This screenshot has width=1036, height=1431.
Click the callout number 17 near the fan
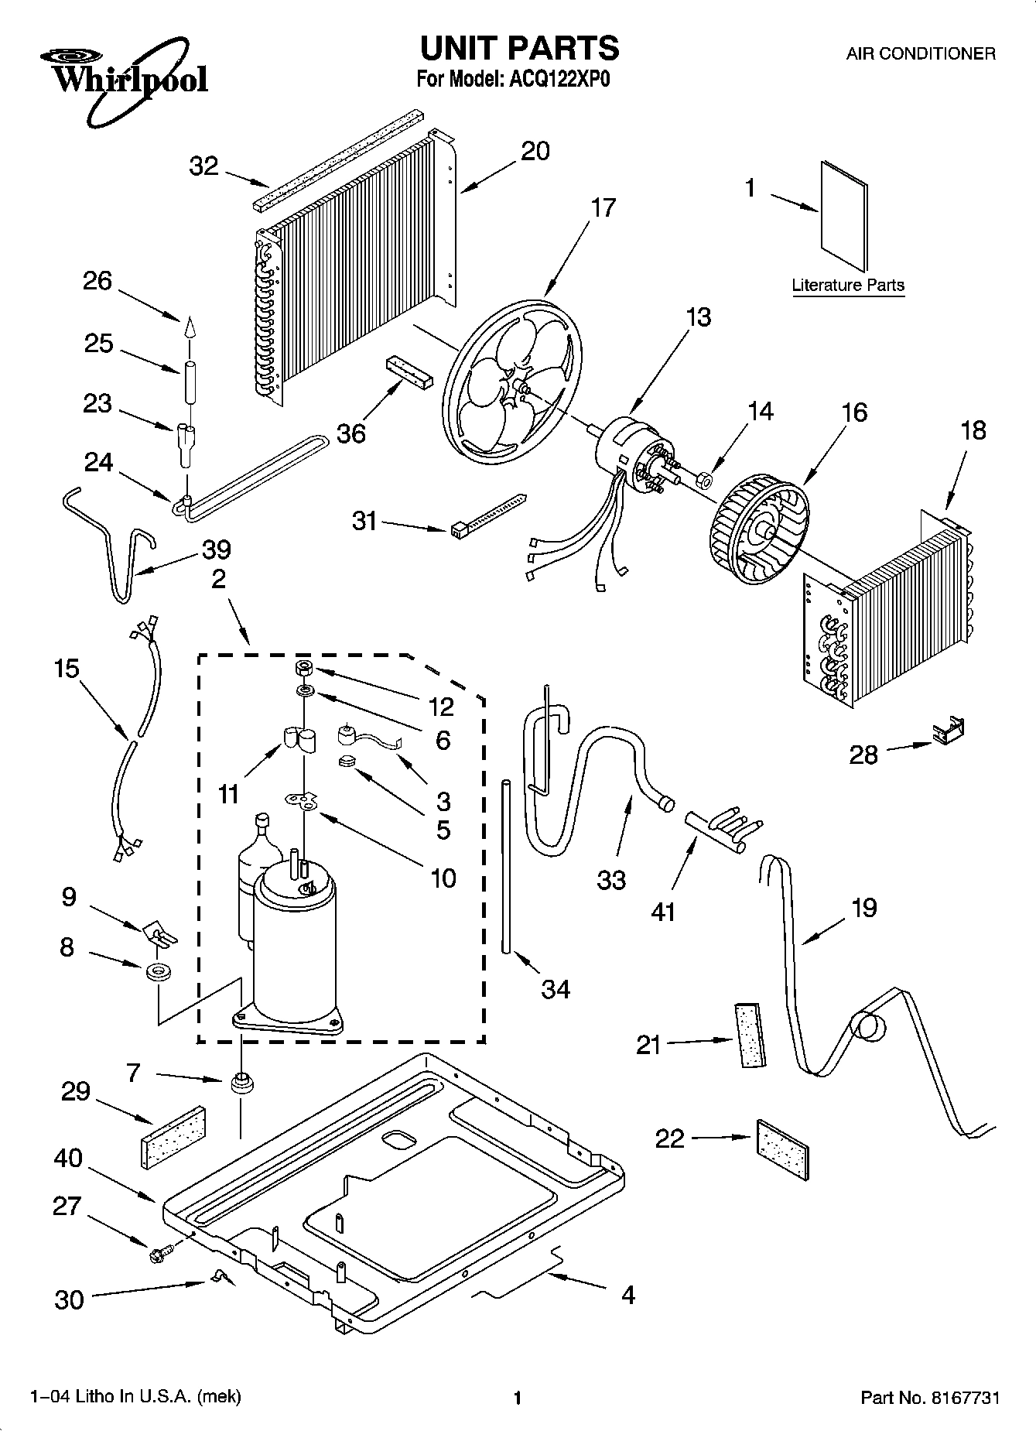point(603,208)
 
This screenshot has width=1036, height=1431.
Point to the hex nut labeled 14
point(705,481)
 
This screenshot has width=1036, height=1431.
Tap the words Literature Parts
point(847,285)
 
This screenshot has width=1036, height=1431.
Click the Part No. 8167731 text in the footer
point(930,1398)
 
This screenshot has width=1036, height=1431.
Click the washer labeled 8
point(159,972)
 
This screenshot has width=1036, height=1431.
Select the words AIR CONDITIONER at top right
point(920,54)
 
